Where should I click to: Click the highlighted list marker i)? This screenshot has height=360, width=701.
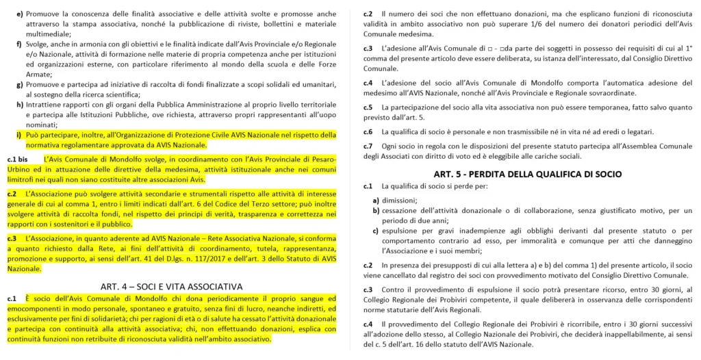pyautogui.click(x=19, y=134)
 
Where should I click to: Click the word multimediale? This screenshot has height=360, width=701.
pyautogui.click(x=48, y=33)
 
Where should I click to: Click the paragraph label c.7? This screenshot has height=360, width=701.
pyautogui.click(x=368, y=146)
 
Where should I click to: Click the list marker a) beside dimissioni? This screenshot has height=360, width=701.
pyautogui.click(x=376, y=200)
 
